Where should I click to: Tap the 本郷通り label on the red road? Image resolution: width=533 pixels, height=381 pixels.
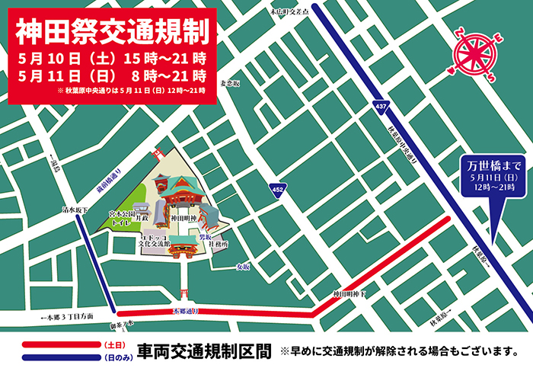pos(187,312)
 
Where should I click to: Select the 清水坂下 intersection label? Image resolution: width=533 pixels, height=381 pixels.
pos(75,210)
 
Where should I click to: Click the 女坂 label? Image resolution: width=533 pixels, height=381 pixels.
pos(242,267)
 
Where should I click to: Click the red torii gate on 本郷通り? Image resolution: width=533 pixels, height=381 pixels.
pos(184,294)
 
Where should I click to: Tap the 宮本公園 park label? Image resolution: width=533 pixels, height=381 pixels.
pos(120,216)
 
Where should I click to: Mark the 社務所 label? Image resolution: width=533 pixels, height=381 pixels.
pos(219,245)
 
